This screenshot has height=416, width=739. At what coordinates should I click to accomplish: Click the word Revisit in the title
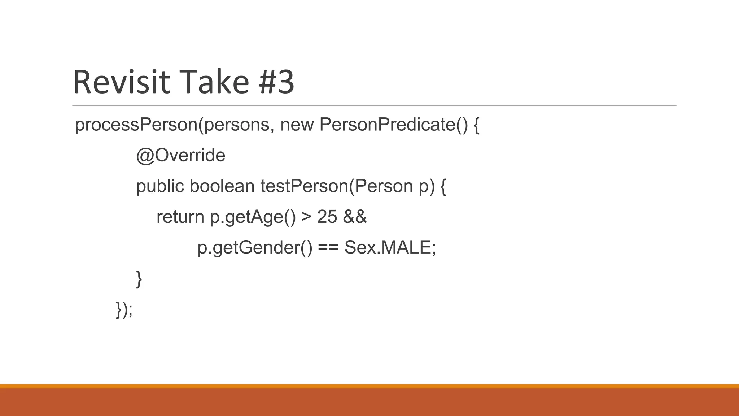tap(121, 82)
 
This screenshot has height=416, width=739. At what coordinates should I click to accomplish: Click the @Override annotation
tap(180, 156)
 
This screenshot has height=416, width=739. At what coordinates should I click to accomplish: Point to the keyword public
tap(160, 186)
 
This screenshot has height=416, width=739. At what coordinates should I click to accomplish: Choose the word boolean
tap(222, 186)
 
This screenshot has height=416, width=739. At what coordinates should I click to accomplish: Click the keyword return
tap(180, 217)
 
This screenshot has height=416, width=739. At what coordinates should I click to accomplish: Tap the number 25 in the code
tap(327, 217)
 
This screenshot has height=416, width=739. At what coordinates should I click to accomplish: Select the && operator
tap(355, 217)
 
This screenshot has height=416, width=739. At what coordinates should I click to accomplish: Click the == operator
tap(328, 248)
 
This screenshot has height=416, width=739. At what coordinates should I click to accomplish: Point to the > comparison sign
tap(306, 217)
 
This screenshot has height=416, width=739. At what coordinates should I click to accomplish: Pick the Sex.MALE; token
tap(390, 248)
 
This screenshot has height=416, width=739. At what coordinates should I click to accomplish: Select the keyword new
tap(297, 125)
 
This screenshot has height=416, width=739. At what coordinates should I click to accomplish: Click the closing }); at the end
tap(124, 309)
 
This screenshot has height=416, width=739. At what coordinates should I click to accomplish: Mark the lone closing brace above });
tap(139, 279)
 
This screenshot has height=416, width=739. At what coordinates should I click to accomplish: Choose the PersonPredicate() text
tap(393, 125)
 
